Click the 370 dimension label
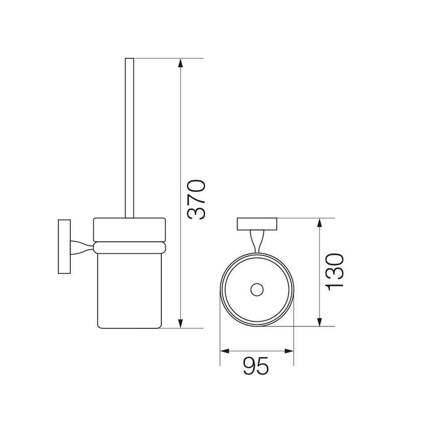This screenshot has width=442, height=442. tap(196, 199)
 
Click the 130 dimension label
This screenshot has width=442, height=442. tap(335, 271)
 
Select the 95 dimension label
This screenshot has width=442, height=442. tap(256, 366)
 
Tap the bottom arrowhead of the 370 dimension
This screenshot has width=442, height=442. tap(181, 323)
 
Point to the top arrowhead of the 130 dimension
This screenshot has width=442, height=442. tap(319, 223)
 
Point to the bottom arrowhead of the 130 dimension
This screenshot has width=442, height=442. tap(319, 322)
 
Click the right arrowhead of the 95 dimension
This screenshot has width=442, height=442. tap(289, 351)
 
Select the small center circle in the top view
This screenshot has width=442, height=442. tap(257, 290)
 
